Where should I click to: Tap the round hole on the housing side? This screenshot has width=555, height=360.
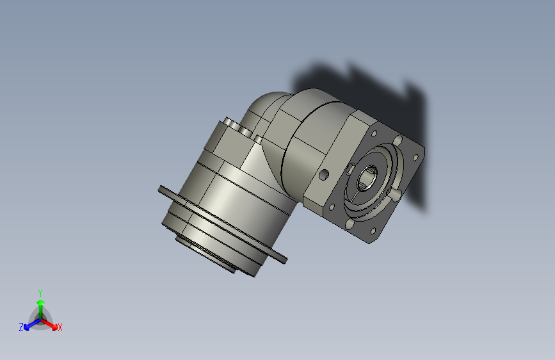click(x=325, y=174)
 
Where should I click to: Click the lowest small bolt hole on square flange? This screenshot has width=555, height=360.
click(x=373, y=231)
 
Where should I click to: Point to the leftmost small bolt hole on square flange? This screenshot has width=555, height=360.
click(x=332, y=207)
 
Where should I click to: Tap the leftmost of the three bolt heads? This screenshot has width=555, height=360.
click(x=230, y=122)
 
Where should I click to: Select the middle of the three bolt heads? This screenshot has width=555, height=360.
click(x=244, y=130)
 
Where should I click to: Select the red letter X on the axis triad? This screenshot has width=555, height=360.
click(x=60, y=327)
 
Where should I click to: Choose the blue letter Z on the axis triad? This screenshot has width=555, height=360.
click(x=21, y=327)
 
